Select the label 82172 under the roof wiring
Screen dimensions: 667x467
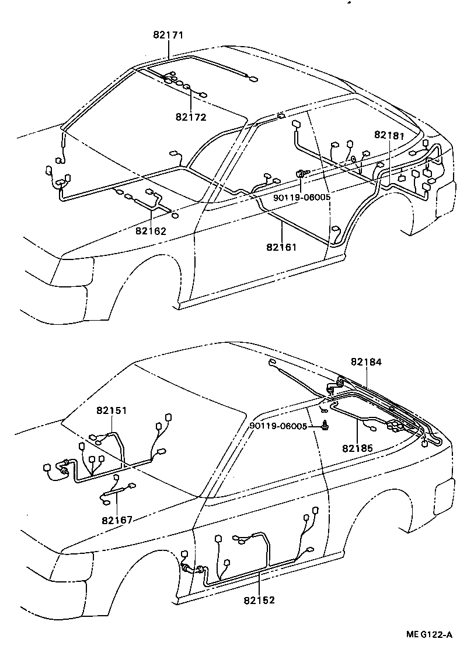point(191,117)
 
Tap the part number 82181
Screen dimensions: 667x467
point(389,135)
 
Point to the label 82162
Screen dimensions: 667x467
point(151,230)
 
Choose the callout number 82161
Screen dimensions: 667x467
point(282,247)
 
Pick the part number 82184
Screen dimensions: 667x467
point(366,361)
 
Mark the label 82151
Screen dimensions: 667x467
point(112,410)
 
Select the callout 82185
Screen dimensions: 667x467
point(358,448)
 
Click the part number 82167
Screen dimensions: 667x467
point(117,520)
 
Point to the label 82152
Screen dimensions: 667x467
point(259,599)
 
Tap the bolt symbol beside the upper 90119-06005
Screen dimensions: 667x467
point(303,173)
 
